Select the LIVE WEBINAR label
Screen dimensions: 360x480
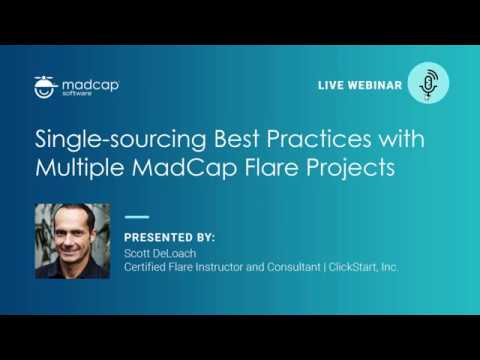click(x=360, y=86)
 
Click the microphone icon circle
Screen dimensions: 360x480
click(x=428, y=84)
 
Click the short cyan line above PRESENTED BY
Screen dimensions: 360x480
click(x=136, y=216)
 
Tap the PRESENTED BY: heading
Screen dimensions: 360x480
click(x=169, y=237)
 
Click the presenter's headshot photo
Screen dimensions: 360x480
click(x=71, y=240)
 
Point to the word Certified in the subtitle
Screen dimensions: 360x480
click(x=147, y=268)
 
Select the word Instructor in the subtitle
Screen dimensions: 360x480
click(x=229, y=268)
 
